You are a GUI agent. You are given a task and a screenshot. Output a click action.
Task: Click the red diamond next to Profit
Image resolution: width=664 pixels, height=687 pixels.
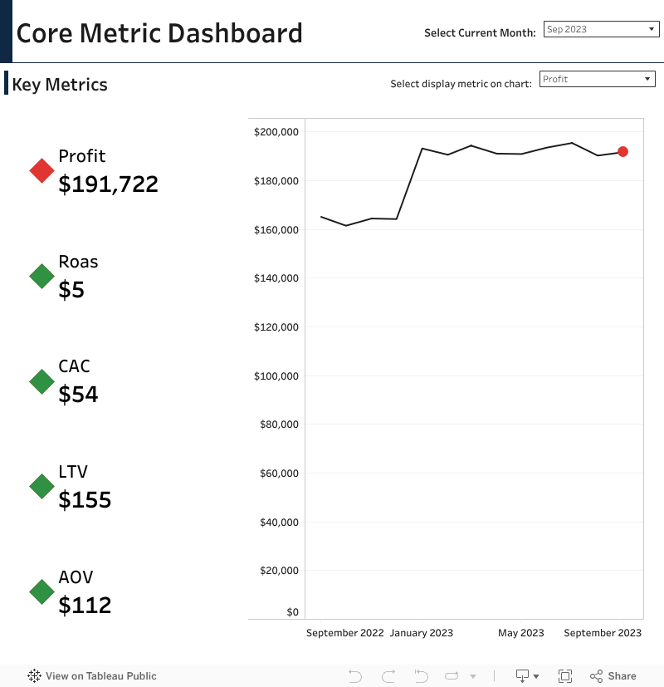tap(41, 170)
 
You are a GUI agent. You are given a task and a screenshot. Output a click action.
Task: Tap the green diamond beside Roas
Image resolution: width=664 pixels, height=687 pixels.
tap(41, 276)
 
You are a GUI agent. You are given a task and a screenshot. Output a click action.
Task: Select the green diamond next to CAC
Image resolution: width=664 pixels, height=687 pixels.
tap(41, 381)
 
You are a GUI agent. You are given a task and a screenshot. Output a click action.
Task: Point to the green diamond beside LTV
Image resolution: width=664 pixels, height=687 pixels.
tap(41, 486)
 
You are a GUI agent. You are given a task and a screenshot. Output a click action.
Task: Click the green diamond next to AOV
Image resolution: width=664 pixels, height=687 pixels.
tap(41, 591)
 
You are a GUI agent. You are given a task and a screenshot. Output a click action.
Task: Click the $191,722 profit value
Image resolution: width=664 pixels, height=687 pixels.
tap(108, 184)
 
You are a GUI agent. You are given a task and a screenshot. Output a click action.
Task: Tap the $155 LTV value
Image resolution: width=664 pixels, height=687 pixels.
tap(85, 499)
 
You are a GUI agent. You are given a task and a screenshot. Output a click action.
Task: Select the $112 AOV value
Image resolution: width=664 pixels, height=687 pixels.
tap(85, 605)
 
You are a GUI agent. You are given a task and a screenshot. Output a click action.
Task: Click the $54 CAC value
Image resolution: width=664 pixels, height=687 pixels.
tap(78, 395)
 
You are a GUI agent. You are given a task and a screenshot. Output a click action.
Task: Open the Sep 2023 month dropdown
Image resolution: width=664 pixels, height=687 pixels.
tap(601, 30)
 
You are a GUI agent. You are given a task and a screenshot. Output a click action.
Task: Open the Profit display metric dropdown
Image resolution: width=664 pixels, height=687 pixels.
tap(597, 79)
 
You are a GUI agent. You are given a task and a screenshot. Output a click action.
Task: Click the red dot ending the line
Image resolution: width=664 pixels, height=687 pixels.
tap(622, 152)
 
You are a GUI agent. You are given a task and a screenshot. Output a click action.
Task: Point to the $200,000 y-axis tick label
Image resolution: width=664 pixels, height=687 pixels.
tap(276, 132)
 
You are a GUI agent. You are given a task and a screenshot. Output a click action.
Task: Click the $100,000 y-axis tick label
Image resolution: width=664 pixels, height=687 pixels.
tap(276, 376)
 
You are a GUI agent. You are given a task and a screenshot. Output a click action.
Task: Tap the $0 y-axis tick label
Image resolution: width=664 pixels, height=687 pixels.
tap(292, 612)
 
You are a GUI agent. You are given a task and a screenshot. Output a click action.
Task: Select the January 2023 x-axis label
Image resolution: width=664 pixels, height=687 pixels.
tap(422, 633)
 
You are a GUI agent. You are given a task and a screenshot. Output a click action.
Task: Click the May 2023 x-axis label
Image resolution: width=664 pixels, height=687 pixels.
tap(520, 633)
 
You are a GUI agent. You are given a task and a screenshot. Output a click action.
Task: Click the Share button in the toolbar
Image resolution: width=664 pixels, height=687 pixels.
tap(613, 676)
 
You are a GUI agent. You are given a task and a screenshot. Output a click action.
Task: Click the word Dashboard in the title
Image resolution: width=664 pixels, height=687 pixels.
tap(235, 33)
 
